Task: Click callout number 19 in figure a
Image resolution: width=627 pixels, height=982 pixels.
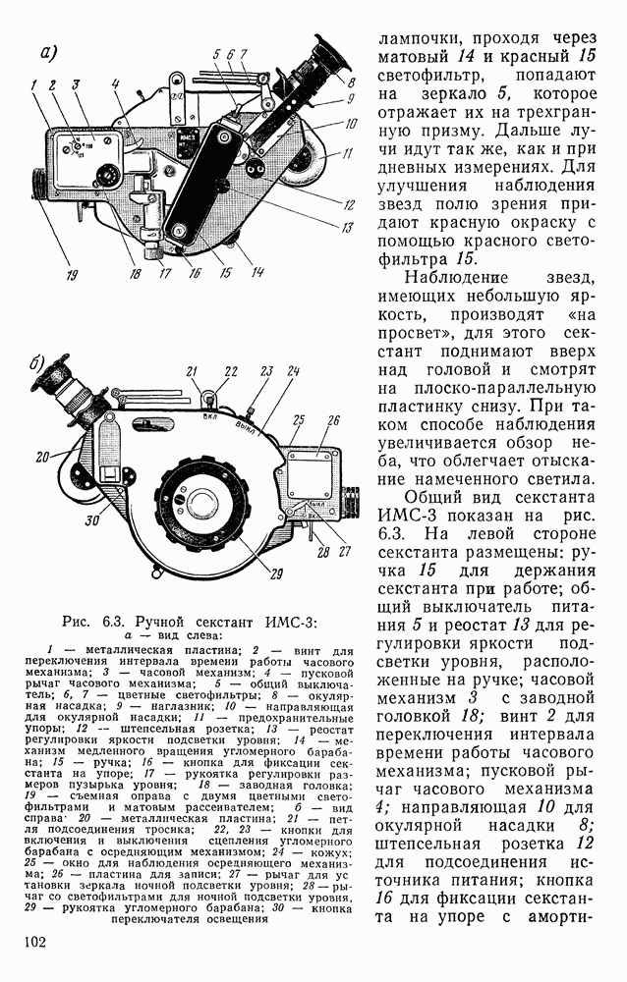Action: [43, 276]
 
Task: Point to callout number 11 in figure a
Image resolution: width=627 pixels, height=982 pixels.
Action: [346, 155]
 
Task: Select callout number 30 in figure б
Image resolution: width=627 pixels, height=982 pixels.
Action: [90, 521]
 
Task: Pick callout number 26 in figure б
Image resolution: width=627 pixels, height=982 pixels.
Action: [332, 420]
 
